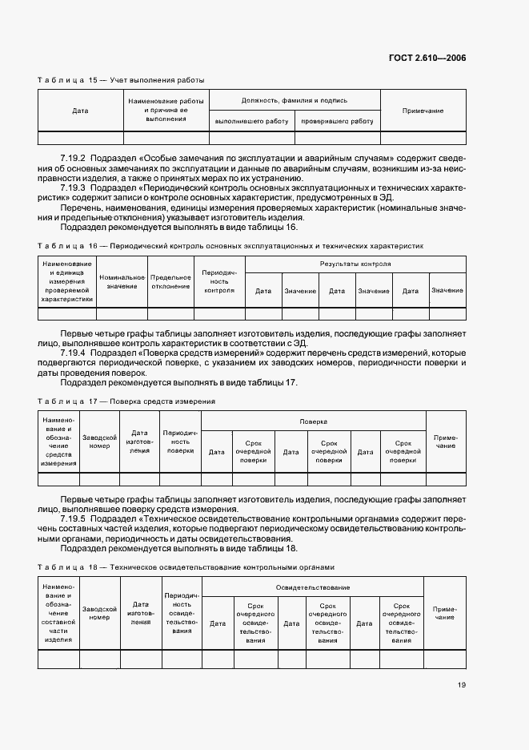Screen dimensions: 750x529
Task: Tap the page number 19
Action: (462, 683)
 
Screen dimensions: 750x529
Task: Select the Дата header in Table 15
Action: (80, 111)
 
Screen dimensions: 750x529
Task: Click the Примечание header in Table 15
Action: (423, 111)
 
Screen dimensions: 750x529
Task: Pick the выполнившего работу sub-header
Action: (251, 121)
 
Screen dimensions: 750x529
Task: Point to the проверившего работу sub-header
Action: (337, 121)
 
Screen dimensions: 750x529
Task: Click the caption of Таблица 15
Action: (121, 80)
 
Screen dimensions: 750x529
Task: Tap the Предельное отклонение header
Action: (170, 281)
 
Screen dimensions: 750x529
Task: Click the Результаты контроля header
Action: (355, 264)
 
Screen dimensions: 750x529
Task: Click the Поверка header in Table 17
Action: (313, 421)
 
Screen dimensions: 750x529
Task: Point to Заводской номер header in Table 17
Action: (100, 442)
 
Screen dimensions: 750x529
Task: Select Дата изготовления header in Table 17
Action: (140, 442)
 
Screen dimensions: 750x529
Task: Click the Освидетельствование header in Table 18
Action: (313, 587)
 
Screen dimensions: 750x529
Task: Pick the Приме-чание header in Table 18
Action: (444, 613)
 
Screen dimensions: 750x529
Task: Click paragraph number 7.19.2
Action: (74, 159)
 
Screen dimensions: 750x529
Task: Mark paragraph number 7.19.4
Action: (74, 352)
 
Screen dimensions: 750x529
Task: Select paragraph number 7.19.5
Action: (74, 519)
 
